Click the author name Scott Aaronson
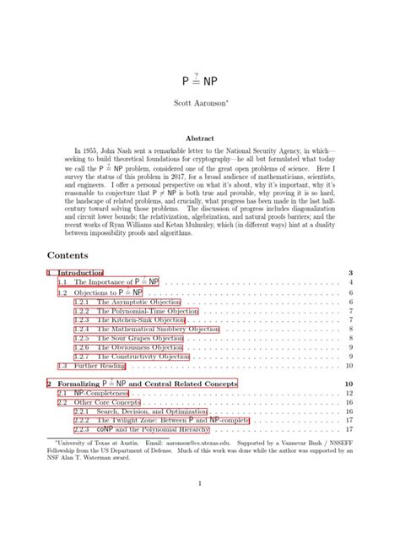[x=201, y=106]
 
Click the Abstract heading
[x=200, y=139]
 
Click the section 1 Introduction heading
[x=75, y=273]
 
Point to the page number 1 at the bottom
[x=200, y=482]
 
